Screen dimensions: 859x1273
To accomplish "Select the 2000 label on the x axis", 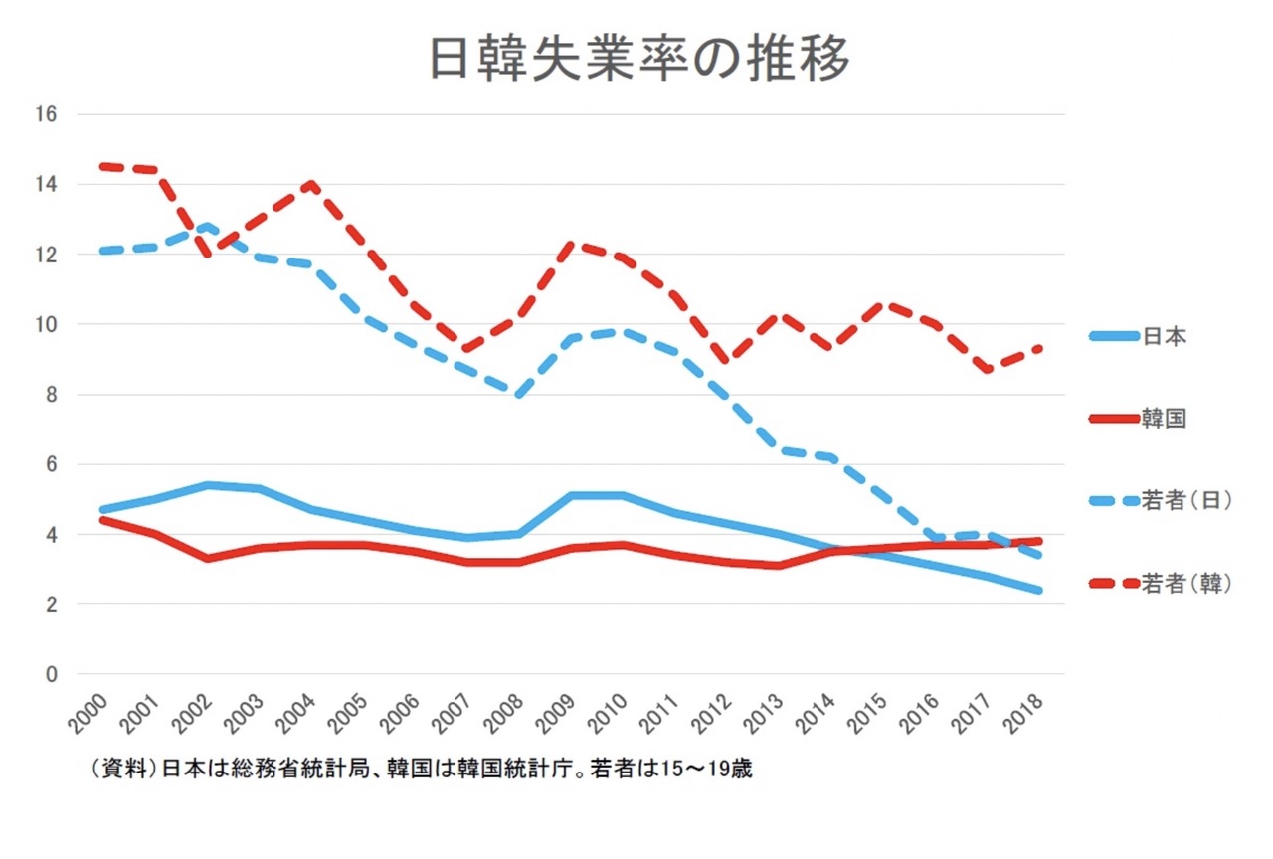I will [91, 715].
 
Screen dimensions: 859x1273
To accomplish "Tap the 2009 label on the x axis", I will [563, 715].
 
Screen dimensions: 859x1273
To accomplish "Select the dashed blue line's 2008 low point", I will [520, 394].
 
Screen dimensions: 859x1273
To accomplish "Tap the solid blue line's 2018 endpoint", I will [1040, 591].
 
